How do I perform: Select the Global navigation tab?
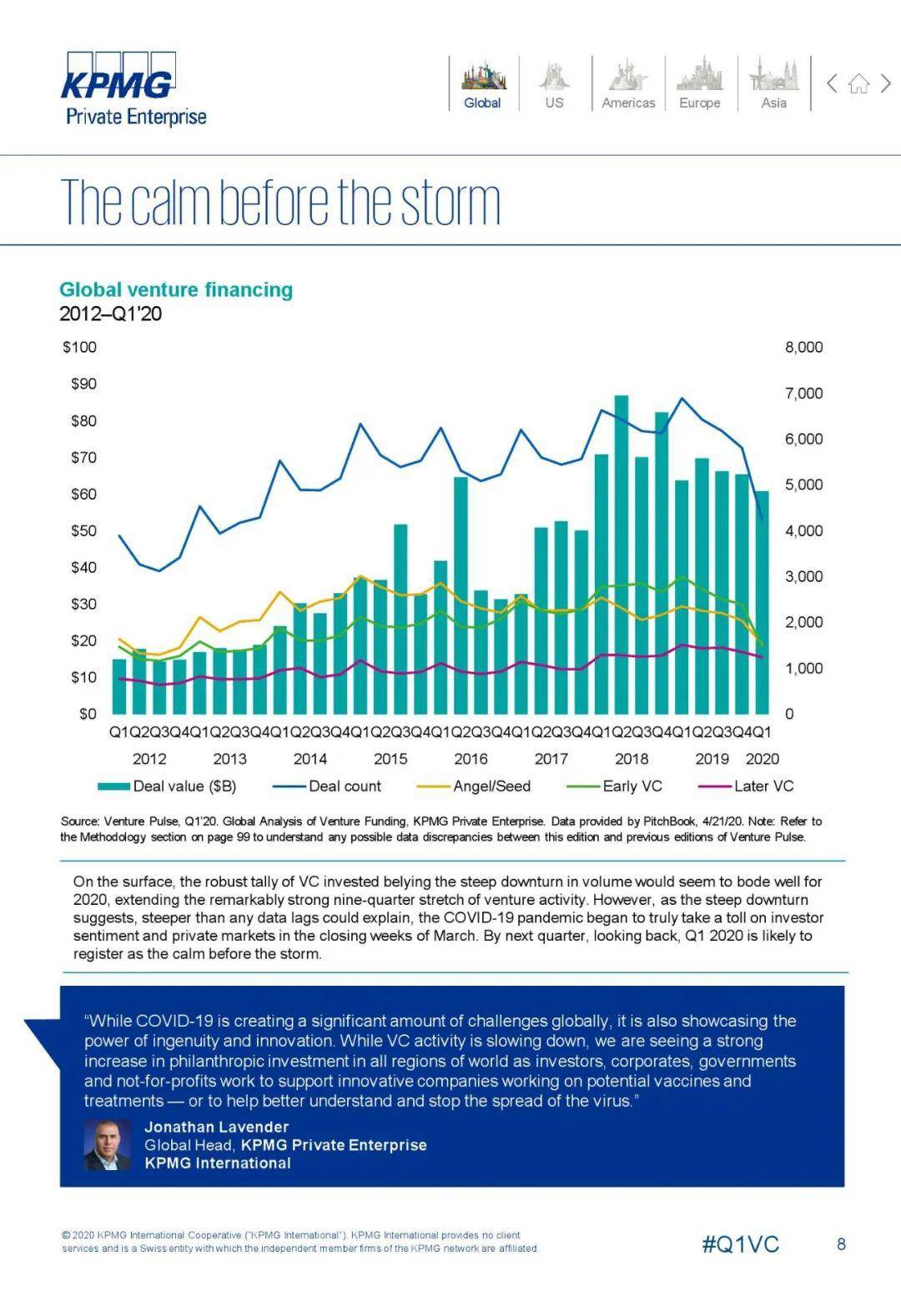click(483, 84)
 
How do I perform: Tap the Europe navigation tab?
click(699, 84)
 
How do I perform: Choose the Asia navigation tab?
click(773, 84)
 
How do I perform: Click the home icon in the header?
click(858, 83)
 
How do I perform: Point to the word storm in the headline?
click(450, 203)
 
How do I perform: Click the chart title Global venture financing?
click(176, 290)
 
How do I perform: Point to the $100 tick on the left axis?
click(79, 347)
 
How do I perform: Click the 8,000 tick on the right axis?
click(803, 347)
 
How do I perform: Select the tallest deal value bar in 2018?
click(622, 555)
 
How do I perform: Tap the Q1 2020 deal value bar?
click(762, 602)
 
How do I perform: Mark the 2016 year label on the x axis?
click(471, 759)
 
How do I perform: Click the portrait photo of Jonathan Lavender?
click(107, 1145)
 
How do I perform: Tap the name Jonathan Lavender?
click(216, 1127)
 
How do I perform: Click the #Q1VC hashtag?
click(740, 1244)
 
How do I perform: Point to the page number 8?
click(841, 1244)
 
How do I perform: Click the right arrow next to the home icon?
click(886, 83)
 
